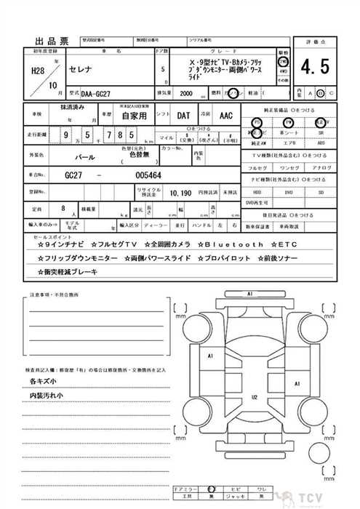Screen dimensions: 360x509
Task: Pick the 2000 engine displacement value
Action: tap(185, 94)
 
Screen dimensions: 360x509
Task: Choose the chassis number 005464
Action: tap(148, 176)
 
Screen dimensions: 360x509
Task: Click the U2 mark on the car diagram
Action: tap(255, 397)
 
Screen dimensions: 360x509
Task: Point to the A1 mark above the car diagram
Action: tap(249, 294)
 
